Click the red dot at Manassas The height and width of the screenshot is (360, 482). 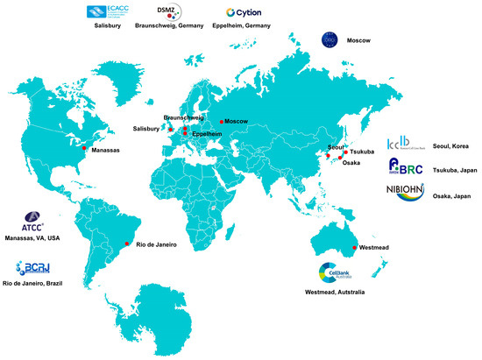(84, 149)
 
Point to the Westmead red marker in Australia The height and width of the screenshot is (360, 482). (354, 248)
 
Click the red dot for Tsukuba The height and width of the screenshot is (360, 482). (345, 152)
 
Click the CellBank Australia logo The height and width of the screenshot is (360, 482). (336, 273)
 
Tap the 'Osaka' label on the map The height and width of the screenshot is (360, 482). (350, 163)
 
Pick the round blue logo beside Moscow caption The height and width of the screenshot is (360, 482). (330, 40)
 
